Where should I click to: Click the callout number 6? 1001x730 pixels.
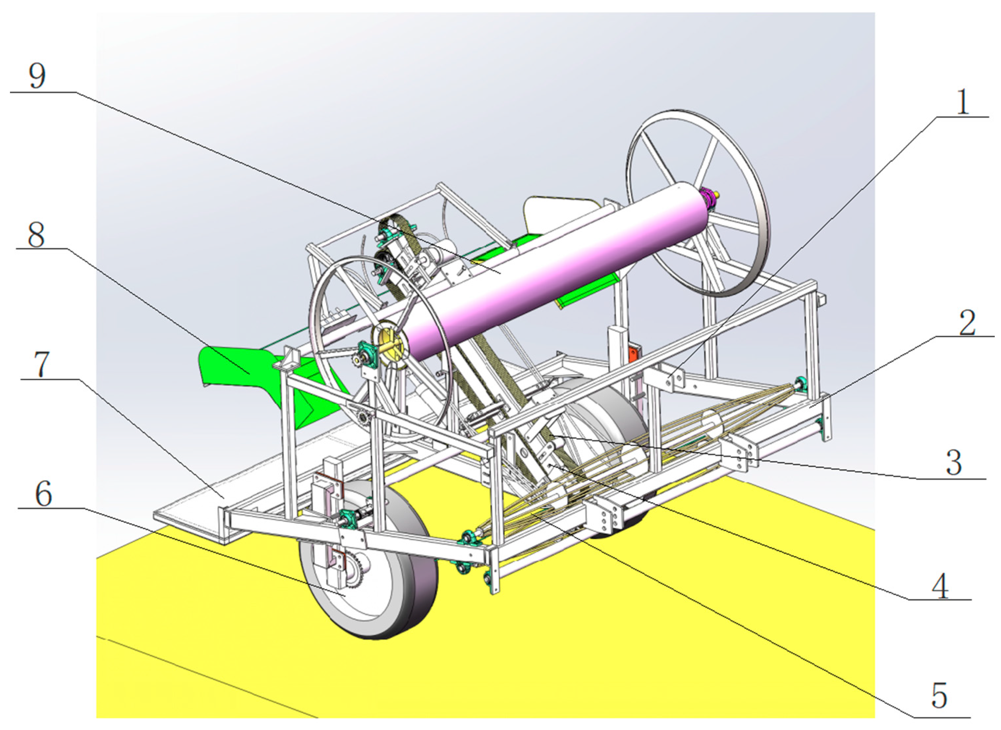(44, 494)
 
